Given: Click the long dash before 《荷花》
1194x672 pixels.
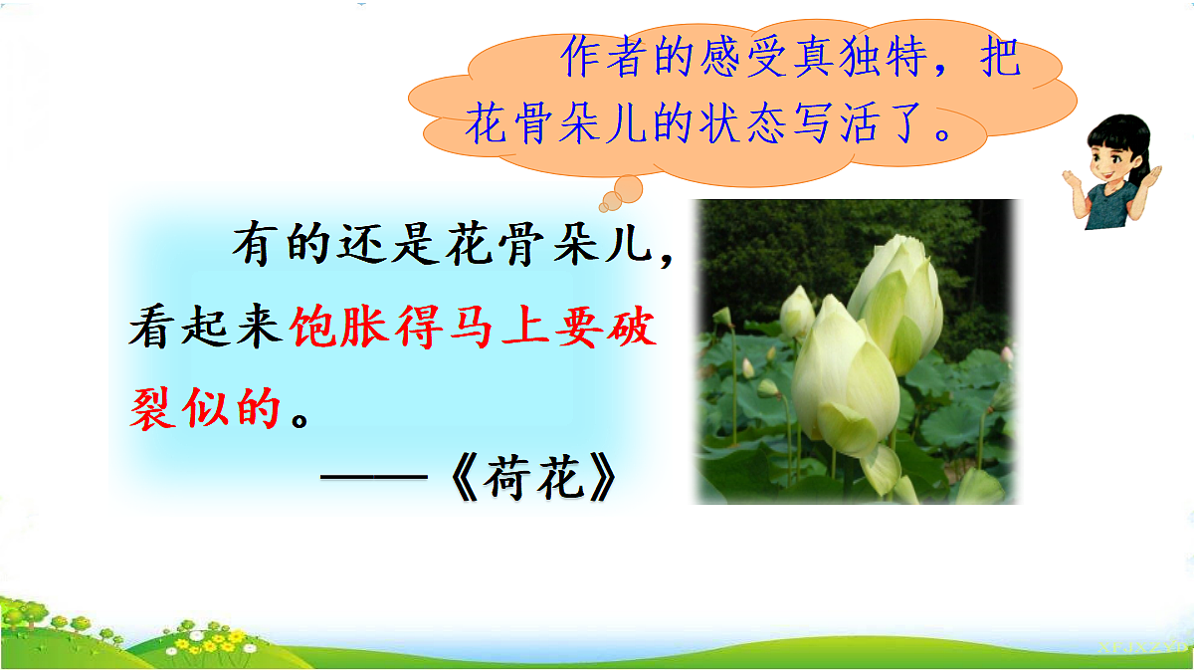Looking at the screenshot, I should pyautogui.click(x=378, y=482).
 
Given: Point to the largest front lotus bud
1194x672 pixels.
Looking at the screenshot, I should pyautogui.click(x=842, y=378).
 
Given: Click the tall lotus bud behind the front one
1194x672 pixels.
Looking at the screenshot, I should pyautogui.click(x=900, y=299).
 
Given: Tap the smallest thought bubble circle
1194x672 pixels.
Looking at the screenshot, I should pyautogui.click(x=609, y=201).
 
